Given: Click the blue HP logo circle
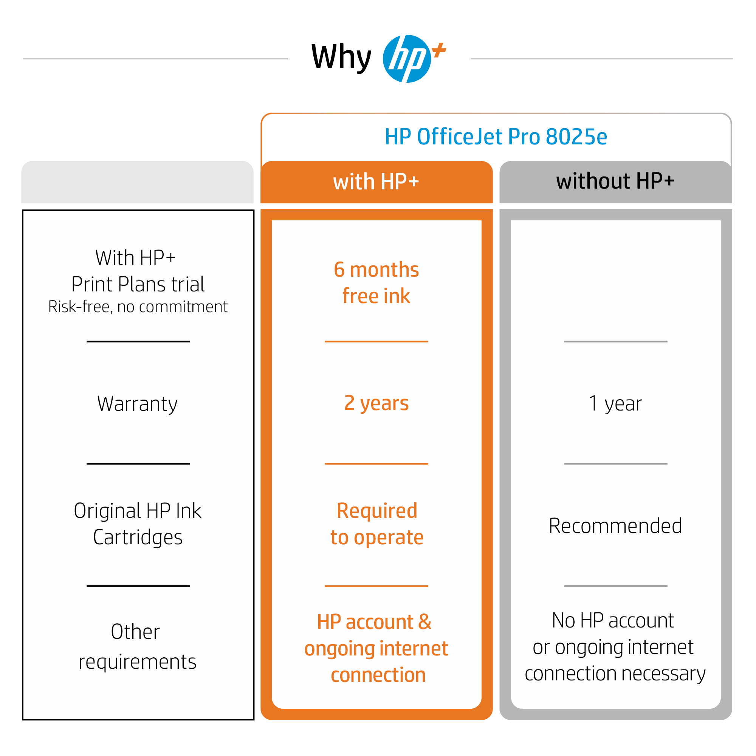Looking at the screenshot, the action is [407, 59].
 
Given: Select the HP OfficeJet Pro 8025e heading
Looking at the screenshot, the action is [496, 136].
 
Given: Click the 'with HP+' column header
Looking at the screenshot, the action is [376, 182].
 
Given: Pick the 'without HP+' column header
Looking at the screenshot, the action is [615, 181].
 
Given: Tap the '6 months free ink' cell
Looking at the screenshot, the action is [376, 282].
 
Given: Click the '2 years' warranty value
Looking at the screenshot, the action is [376, 403].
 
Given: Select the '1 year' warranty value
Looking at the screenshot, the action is [615, 403].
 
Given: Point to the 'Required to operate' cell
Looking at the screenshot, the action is [377, 524].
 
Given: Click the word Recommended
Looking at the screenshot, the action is [615, 525].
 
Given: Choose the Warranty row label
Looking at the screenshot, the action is [137, 404].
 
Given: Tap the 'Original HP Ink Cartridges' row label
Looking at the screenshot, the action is [138, 524].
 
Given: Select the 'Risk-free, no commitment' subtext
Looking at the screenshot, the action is [138, 307].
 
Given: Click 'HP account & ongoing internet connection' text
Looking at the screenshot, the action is [376, 648].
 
